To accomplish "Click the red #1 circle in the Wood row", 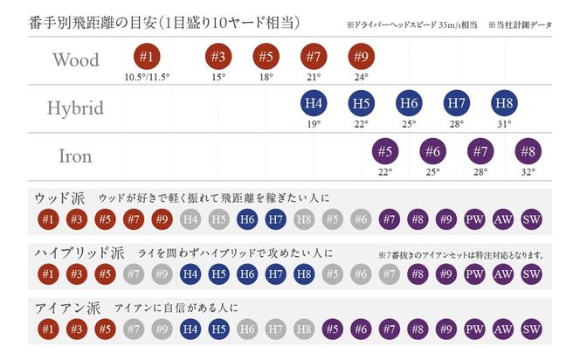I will (146, 58).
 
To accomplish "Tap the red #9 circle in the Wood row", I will (360, 58).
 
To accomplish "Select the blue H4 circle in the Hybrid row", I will (314, 104).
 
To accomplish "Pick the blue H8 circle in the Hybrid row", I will (503, 104).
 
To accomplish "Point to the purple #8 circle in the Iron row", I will (528, 151).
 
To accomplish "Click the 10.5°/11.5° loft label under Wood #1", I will (146, 77).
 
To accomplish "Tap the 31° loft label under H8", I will (503, 124).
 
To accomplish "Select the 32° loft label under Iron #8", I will (528, 171).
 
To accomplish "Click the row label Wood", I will (75, 60).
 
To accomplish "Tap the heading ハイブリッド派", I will (79, 253).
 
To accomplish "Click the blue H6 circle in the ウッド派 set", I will (247, 218).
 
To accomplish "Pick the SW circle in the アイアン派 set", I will (531, 330).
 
